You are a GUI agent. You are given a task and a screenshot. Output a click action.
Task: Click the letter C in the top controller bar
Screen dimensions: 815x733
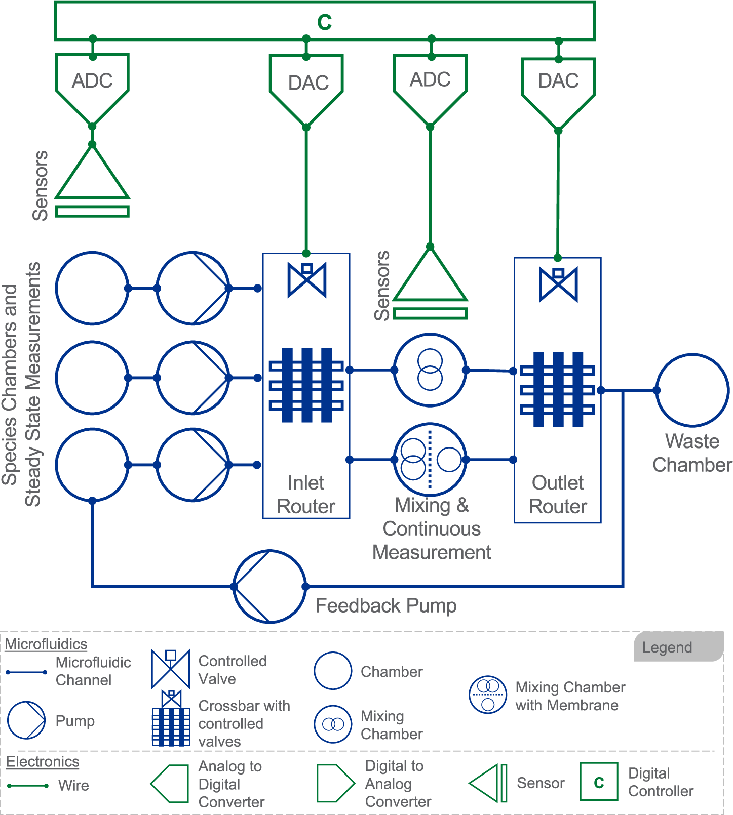tap(324, 22)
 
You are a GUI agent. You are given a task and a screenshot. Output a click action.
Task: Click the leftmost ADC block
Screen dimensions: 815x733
tap(92, 84)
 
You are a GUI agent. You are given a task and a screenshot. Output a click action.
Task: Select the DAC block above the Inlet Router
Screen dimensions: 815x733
tap(306, 85)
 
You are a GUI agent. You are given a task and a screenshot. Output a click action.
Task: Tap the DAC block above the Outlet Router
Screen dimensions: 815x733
tap(558, 86)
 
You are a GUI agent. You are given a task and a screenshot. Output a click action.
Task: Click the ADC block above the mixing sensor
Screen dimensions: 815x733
tap(430, 84)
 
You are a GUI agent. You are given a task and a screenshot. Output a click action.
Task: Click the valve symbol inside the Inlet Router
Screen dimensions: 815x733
tap(307, 279)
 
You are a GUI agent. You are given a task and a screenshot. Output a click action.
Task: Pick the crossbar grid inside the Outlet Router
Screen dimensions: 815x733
tap(558, 389)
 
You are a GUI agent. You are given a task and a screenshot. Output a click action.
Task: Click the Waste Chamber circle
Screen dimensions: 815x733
tap(692, 390)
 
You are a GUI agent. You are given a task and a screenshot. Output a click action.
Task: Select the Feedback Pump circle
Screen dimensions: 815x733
tap(269, 586)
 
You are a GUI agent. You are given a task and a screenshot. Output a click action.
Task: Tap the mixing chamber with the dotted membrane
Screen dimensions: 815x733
tap(430, 459)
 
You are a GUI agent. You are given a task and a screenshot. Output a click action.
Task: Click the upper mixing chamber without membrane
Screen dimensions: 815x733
tap(430, 370)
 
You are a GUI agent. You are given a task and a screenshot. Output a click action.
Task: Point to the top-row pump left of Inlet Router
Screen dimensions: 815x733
tap(193, 288)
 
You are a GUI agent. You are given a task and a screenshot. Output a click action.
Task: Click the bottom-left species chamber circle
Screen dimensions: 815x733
tap(92, 464)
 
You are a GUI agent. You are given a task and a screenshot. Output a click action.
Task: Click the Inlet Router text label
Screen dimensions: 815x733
tap(306, 495)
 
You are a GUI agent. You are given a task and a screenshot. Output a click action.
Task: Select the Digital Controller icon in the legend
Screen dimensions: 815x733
tap(599, 782)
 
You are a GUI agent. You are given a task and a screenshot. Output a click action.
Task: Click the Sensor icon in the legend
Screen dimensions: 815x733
tap(488, 783)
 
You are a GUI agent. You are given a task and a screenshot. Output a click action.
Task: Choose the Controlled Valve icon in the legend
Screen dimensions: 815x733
tap(171, 669)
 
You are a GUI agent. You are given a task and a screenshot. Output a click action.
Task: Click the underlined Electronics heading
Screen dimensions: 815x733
tap(43, 762)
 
